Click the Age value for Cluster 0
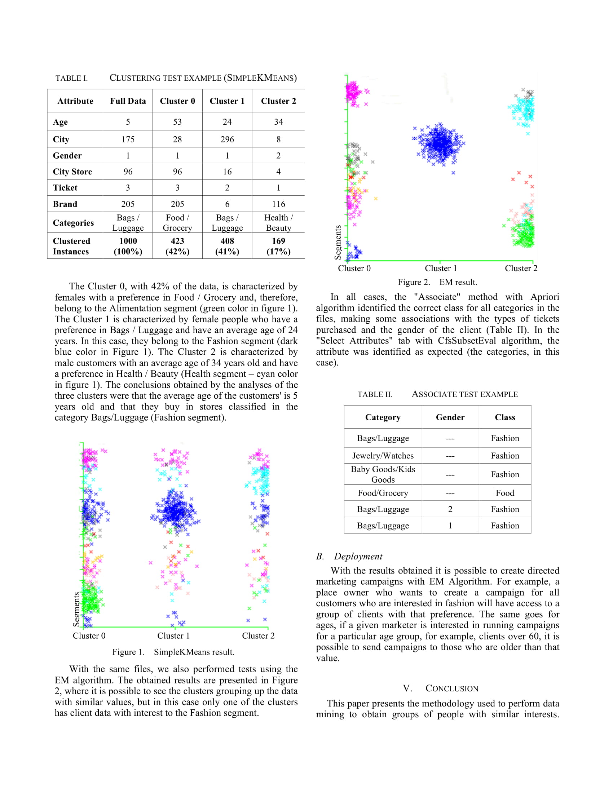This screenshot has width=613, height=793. [177, 122]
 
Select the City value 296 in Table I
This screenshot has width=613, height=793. [227, 139]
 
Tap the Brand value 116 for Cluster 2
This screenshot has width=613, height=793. [278, 204]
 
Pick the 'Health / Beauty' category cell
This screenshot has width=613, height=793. [278, 222]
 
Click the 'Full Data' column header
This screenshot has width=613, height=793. [128, 101]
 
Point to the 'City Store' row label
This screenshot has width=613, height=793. [72, 172]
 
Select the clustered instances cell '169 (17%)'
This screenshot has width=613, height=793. [278, 246]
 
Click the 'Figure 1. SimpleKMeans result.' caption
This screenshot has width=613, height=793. [173, 652]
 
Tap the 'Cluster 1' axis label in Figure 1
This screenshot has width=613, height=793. [173, 636]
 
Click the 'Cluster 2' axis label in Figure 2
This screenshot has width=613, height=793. [521, 268]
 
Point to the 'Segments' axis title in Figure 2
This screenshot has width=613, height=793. [338, 242]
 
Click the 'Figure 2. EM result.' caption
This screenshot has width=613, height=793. [437, 282]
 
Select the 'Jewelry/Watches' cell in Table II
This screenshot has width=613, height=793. [383, 456]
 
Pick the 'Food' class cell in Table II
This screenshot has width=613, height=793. [505, 493]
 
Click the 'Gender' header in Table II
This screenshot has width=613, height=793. [450, 417]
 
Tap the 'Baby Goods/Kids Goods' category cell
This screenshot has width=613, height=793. [383, 474]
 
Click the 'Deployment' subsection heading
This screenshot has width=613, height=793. [358, 556]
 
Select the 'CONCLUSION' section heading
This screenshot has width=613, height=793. [452, 688]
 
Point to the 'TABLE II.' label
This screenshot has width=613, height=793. [375, 394]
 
